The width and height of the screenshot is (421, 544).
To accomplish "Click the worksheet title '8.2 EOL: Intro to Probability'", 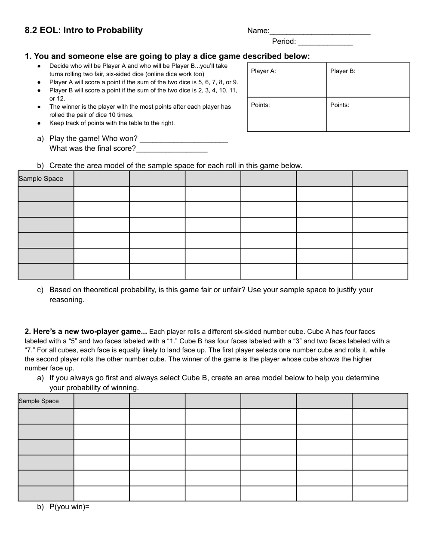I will pos(84,30).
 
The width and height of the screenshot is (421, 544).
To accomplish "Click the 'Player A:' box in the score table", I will pos(287,80).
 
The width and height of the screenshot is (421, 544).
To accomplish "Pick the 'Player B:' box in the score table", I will pos(368,80).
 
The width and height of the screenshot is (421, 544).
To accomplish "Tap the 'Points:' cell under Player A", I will pos(287,114).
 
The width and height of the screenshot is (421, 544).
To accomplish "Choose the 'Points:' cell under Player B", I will pos(368,114).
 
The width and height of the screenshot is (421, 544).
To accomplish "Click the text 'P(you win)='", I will pos(69,507).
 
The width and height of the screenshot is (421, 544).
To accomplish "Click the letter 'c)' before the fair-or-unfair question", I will pos(40,290).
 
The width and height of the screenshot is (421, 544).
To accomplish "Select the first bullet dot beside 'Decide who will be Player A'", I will pos(39,66).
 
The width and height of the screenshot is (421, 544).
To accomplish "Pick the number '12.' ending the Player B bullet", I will pos(61,98).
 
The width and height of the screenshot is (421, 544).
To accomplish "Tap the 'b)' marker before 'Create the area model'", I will pos(40,165).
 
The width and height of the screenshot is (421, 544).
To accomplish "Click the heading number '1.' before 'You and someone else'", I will pos(28,56).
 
